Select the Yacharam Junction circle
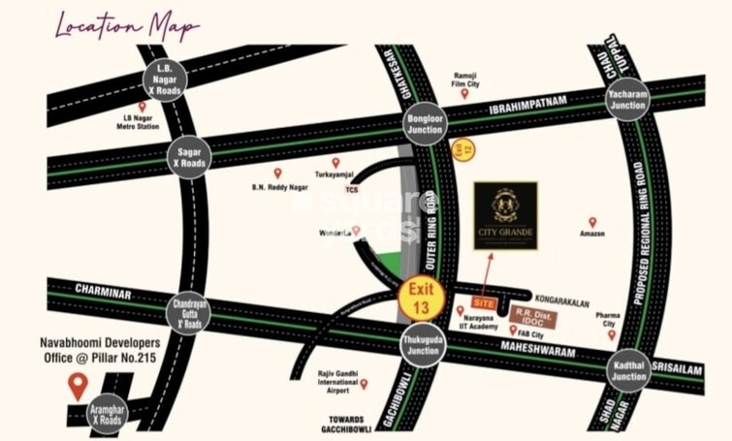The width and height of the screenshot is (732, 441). [627, 98]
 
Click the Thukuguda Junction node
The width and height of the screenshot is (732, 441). [423, 345]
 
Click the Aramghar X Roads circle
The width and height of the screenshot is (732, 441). [108, 414]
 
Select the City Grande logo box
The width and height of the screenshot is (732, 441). [505, 215]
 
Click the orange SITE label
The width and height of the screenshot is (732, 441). [485, 303]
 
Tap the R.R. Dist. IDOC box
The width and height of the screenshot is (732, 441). [534, 317]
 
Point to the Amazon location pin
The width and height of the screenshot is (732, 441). [592, 222]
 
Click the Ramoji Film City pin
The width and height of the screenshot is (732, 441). [464, 93]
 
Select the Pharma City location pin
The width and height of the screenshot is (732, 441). [612, 334]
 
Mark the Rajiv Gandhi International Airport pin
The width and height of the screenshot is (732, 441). [364, 384]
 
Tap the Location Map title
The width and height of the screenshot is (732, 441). [126, 26]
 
